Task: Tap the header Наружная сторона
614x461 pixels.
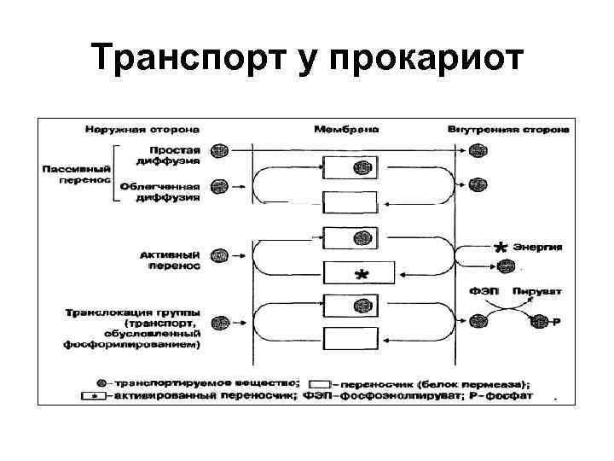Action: click(x=142, y=130)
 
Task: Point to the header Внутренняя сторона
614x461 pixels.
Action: click(x=508, y=130)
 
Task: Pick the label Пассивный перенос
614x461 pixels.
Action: click(x=76, y=174)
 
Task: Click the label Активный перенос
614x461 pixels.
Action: click(x=171, y=260)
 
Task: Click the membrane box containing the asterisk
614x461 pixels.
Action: click(x=359, y=274)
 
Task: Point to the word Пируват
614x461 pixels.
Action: click(x=536, y=292)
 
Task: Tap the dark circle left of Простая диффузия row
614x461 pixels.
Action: click(x=219, y=150)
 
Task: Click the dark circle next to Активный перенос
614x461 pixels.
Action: click(x=219, y=254)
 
